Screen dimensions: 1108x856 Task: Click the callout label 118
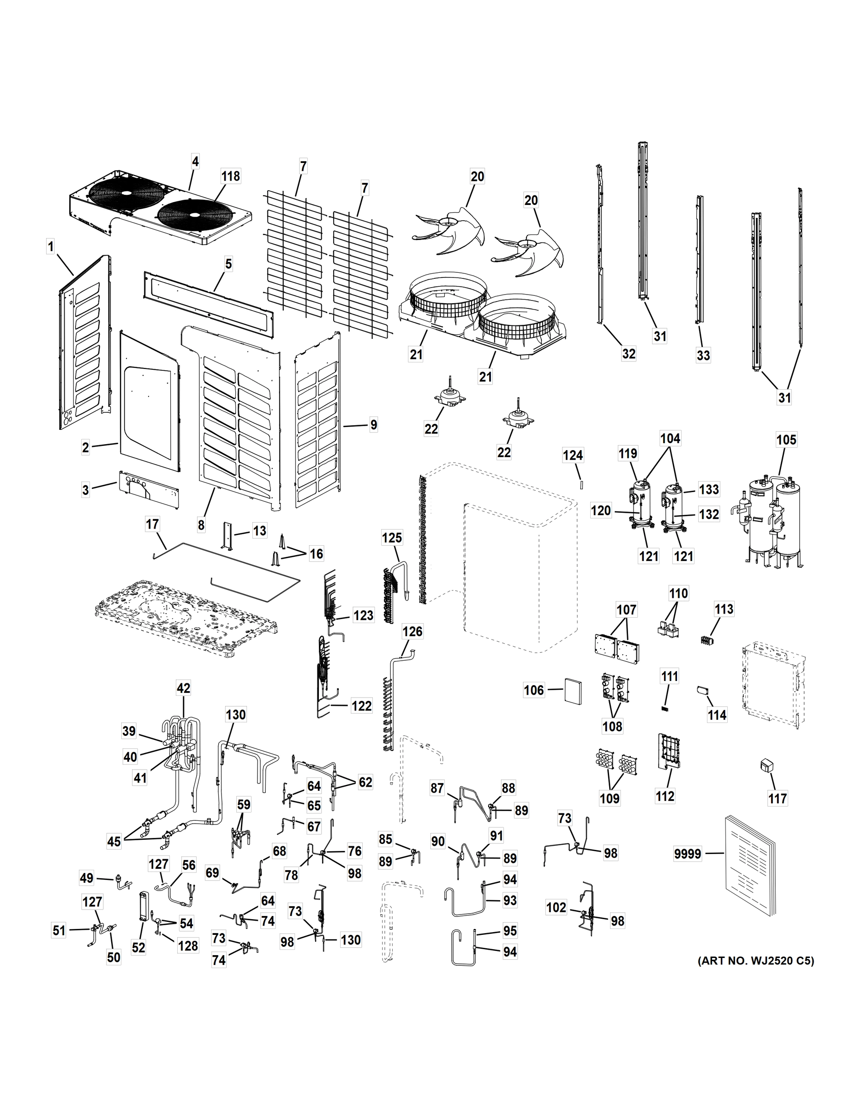pyautogui.click(x=231, y=176)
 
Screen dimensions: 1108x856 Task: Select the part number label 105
pyautogui.click(x=786, y=440)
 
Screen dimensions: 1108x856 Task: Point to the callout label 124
pyautogui.click(x=573, y=456)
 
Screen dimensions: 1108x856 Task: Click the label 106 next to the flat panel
pyautogui.click(x=534, y=690)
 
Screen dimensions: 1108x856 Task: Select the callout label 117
pyautogui.click(x=778, y=799)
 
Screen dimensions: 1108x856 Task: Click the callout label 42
pyautogui.click(x=183, y=688)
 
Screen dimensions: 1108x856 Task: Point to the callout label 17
pyautogui.click(x=153, y=524)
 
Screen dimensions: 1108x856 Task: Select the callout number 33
pyautogui.click(x=703, y=355)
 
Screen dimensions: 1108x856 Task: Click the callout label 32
pyautogui.click(x=629, y=354)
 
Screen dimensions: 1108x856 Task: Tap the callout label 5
pyautogui.click(x=228, y=264)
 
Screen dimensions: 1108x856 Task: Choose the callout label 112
pyautogui.click(x=665, y=796)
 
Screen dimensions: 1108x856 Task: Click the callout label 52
pyautogui.click(x=138, y=947)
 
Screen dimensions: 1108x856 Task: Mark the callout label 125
pyautogui.click(x=392, y=538)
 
